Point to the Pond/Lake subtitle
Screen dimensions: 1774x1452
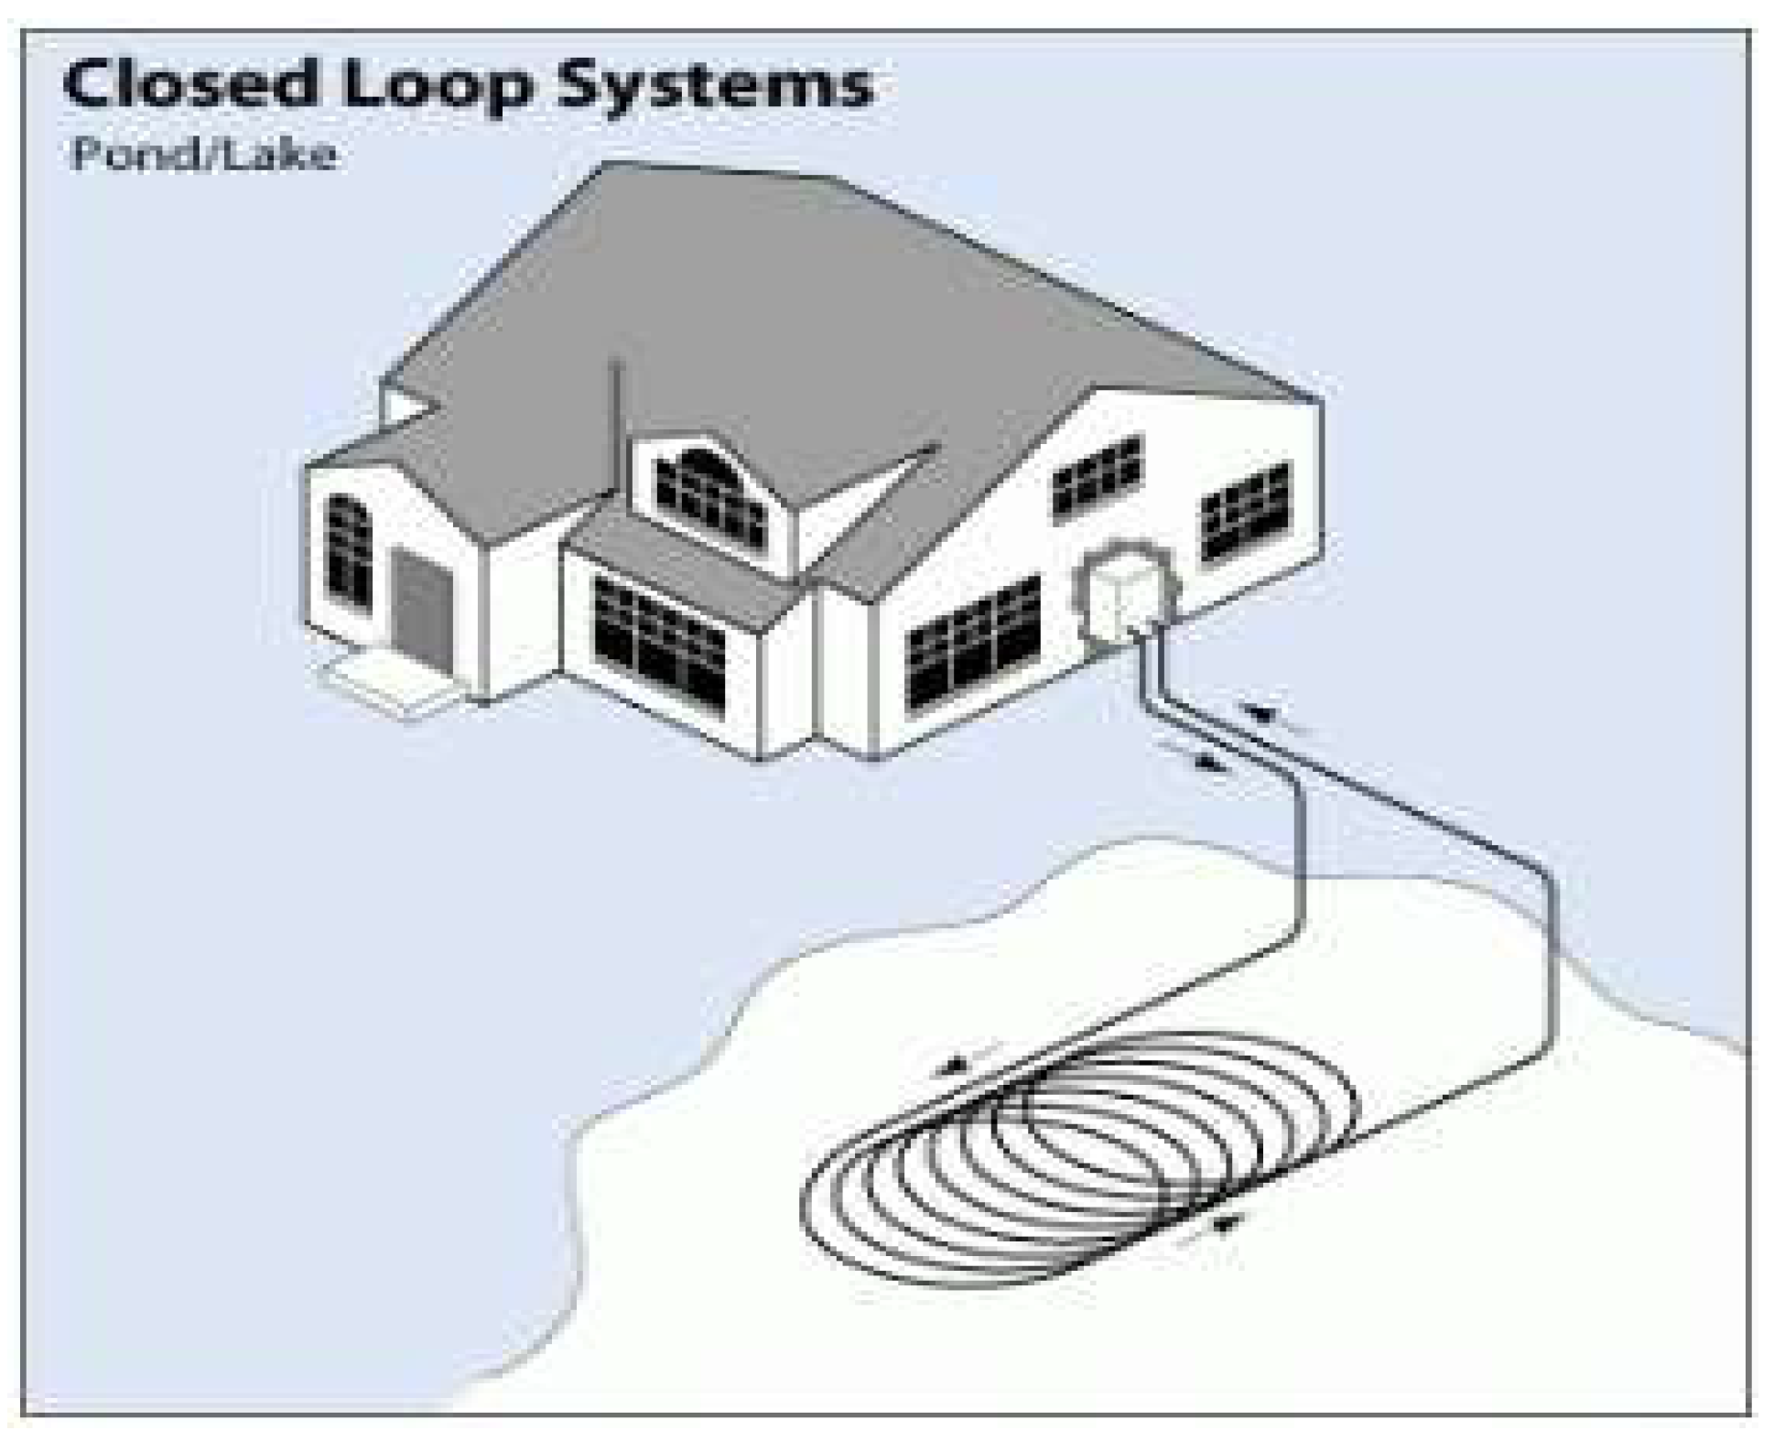pos(204,154)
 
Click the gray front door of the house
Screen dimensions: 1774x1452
pos(422,601)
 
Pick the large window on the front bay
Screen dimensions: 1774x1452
pos(659,640)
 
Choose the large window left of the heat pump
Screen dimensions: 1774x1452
pos(973,641)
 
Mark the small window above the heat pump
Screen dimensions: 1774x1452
pos(1097,477)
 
